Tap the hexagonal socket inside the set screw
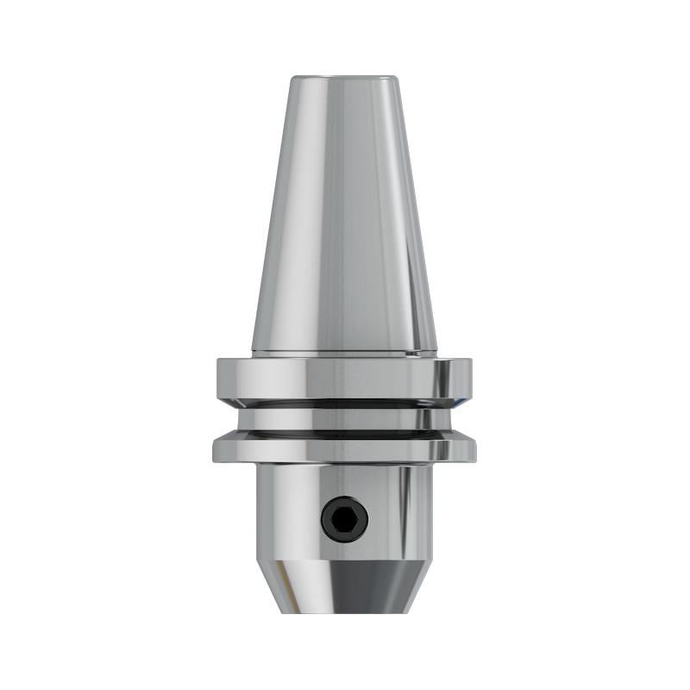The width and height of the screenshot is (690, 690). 344,519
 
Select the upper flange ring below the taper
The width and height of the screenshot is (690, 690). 344,377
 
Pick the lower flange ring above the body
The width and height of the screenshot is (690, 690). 344,448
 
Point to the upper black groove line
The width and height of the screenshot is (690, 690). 344,403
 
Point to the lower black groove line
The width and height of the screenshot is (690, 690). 344,433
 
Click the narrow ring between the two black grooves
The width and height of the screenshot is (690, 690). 344,418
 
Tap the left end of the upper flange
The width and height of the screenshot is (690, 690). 222,377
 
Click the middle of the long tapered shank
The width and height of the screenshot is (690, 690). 344,216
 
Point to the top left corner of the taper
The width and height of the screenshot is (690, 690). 290,80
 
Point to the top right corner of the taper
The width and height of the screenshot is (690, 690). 399,80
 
